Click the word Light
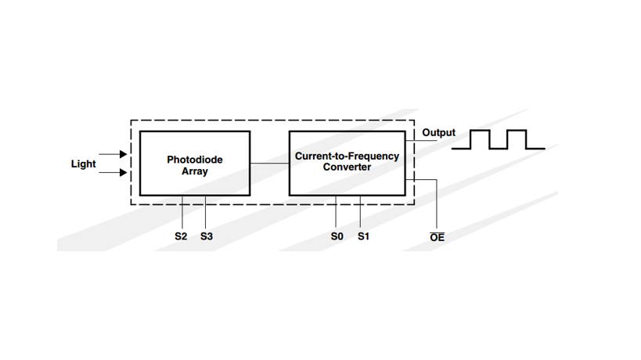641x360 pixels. pos(84,164)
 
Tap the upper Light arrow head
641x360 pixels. pos(123,154)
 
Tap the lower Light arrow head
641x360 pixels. pos(123,172)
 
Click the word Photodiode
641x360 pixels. pos(195,160)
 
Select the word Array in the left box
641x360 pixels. pos(195,171)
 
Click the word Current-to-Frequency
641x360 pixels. pos(347,156)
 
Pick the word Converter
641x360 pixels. pos(347,167)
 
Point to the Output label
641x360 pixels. pos(438,133)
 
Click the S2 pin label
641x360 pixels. pos(181,236)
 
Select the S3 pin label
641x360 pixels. pos(207,236)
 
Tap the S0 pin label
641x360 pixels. pos(337,236)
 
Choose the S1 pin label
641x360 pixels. pos(363,236)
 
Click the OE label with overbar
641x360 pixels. pos(437,236)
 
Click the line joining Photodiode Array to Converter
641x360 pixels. pos(270,164)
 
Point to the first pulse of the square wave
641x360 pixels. pos(480,139)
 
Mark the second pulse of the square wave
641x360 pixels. pos(517,139)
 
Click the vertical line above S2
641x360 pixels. pos(182,211)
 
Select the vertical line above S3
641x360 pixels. pos(205,211)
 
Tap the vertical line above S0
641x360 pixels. pos(336,211)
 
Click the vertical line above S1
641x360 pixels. pos(360,211)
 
